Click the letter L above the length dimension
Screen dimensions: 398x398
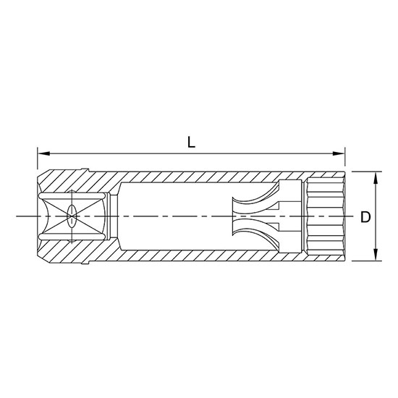[x=191, y=142]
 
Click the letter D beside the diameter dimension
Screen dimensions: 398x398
[x=367, y=216]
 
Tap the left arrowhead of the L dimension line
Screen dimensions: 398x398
[x=42, y=153]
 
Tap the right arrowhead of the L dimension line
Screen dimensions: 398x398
[x=339, y=153]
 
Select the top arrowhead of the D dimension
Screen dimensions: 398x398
[x=376, y=177]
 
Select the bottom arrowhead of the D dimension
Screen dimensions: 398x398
[x=376, y=255]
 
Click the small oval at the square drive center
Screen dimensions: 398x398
[x=72, y=216]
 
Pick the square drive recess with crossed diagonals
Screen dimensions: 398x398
[x=72, y=216]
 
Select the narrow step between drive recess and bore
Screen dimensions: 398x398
[x=113, y=216]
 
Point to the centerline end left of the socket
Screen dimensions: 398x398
[x=18, y=216]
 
